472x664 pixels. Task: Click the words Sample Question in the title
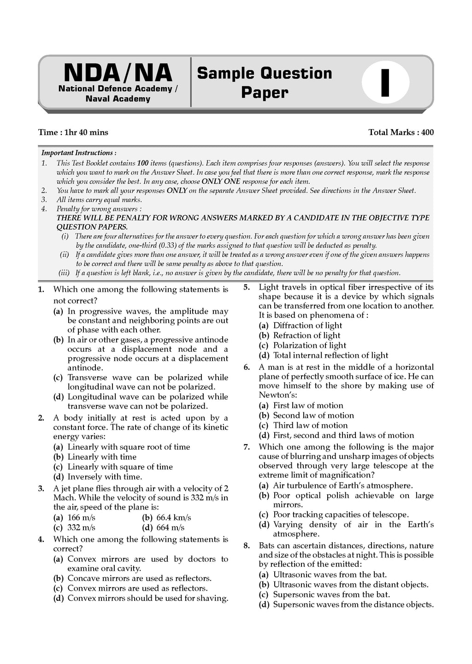pos(265,73)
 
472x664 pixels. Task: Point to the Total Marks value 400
pos(427,132)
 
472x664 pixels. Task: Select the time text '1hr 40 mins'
pos(86,132)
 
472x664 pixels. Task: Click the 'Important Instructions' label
pos(79,153)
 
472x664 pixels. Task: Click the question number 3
pos(41,488)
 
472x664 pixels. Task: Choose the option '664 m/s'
pos(170,528)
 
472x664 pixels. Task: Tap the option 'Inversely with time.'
pos(105,477)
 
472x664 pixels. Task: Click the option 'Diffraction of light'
pos(307,326)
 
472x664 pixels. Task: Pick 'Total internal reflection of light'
pos(330,356)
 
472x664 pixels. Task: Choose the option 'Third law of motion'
pos(310,426)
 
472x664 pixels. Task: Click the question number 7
pos(247,447)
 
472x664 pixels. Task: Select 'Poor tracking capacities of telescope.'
pos(341,515)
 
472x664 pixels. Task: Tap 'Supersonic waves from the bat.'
pos(331,594)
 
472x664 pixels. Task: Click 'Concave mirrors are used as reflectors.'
pos(139,578)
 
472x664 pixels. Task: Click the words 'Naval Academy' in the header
pos(118,99)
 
